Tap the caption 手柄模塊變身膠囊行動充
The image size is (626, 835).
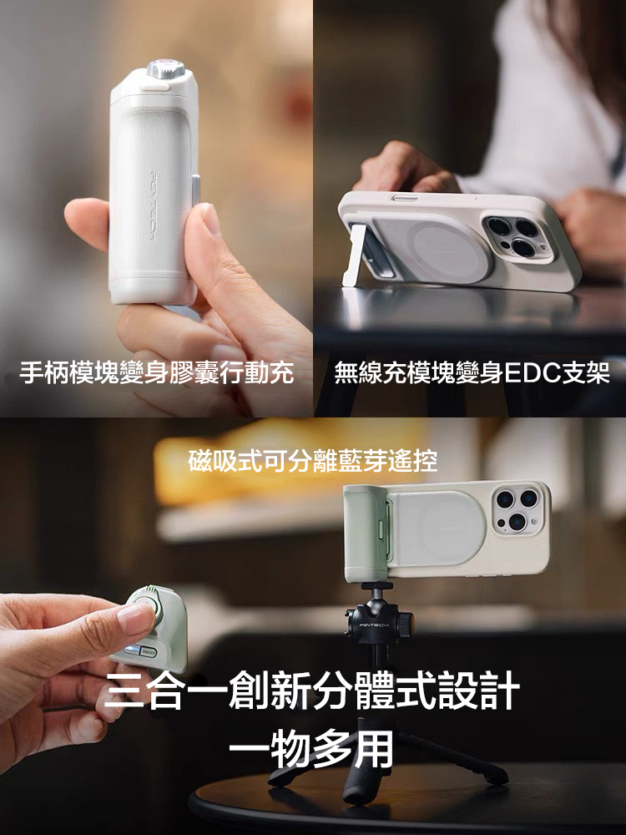157,372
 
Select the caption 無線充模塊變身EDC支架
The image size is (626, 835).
472,372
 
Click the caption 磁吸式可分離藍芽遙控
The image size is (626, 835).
313,460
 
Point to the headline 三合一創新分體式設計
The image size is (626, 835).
313,693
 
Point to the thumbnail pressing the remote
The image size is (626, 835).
134,618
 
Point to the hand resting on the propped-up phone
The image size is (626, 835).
401,167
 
